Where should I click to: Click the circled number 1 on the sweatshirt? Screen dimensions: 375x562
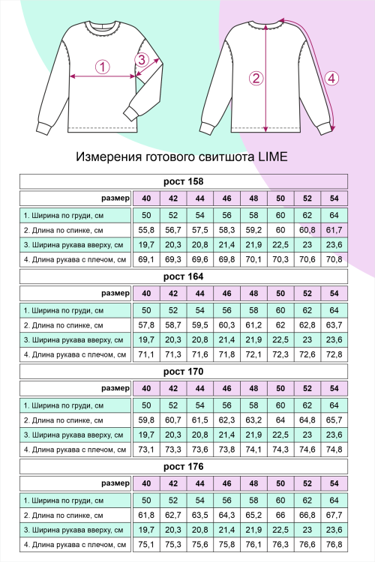pos(103,67)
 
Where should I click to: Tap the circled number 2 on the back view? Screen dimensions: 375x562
pos(256,78)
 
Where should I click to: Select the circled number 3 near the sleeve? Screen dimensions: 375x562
pos(140,59)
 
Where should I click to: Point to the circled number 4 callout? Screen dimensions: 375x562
pos(332,78)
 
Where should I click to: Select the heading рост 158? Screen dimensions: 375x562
pos(183,181)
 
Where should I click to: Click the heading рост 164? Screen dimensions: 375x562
pos(183,277)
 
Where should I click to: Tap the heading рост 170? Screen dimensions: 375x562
pos(183,371)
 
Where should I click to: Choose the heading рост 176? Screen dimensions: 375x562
pos(183,466)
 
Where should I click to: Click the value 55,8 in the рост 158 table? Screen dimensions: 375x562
pos(146,230)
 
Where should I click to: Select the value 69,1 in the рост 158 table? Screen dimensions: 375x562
pos(146,260)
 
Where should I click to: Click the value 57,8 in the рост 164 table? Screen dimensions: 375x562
pos(146,325)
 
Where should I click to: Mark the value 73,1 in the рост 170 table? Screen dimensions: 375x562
pos(146,450)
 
